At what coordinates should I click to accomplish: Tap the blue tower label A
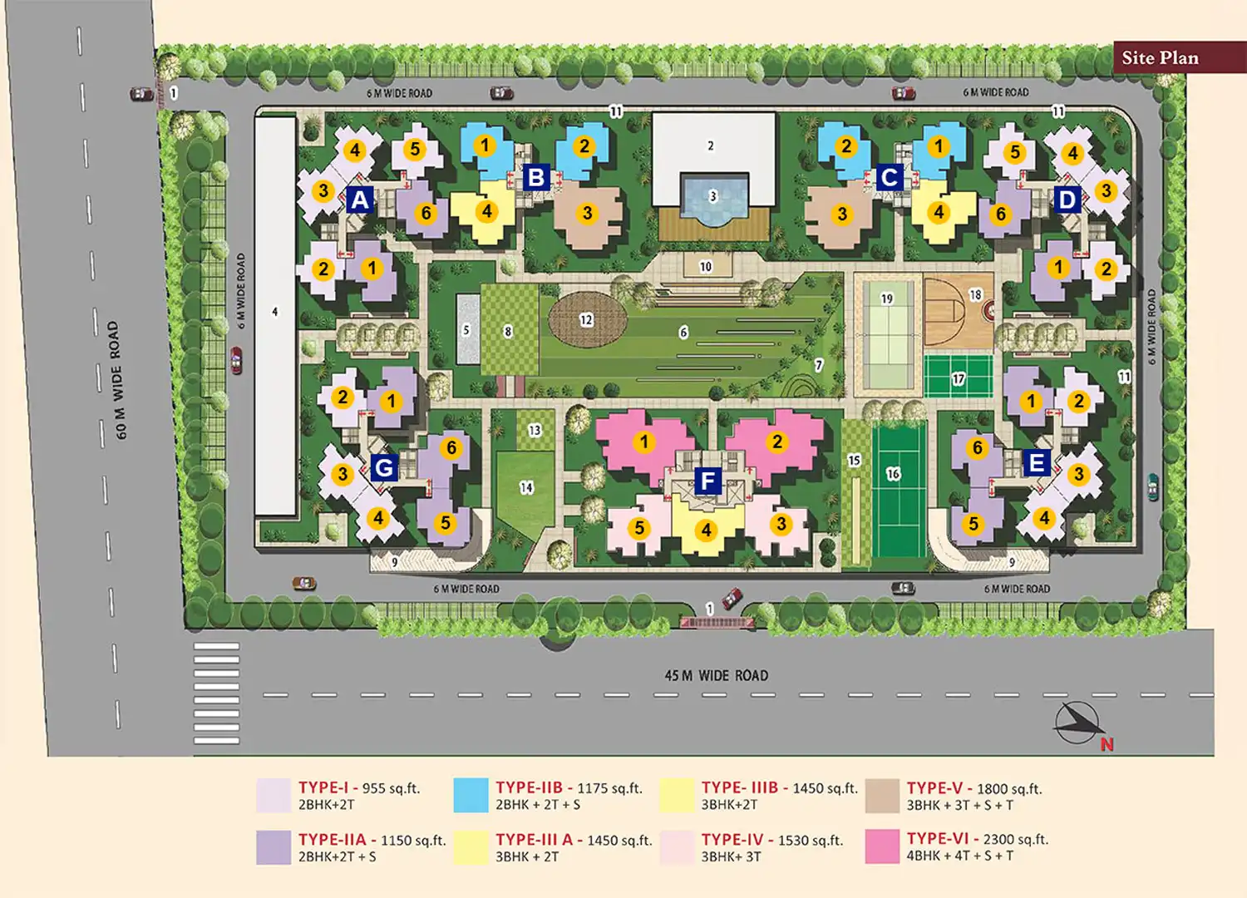pos(359,200)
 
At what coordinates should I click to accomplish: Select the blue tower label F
pos(707,480)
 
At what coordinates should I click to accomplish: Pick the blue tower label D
pos(1067,200)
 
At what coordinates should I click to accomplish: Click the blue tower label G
pos(383,467)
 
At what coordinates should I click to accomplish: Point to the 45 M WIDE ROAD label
pos(716,675)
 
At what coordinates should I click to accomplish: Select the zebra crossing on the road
pos(216,693)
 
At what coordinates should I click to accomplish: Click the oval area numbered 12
pos(587,320)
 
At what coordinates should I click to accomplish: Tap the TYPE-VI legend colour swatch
pos(882,846)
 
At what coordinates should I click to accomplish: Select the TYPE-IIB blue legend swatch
pos(471,795)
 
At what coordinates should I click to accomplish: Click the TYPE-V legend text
pos(973,796)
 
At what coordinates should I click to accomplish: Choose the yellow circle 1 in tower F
pos(643,442)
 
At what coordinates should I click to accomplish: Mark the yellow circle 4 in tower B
pos(487,211)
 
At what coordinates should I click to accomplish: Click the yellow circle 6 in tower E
pos(977,448)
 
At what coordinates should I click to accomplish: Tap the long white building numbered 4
pos(275,316)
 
